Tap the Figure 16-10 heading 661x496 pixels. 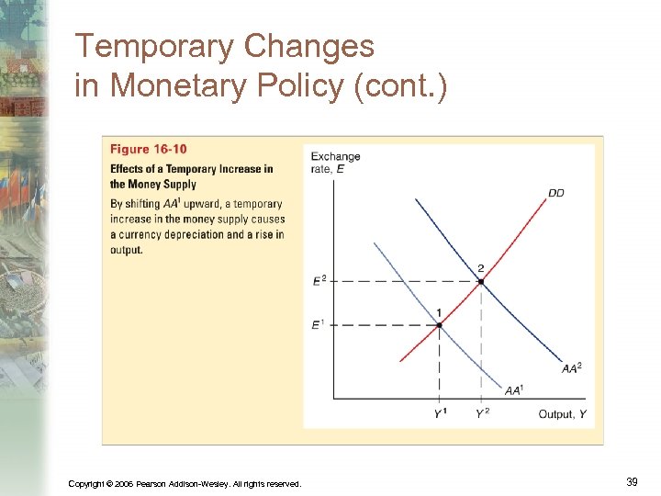[x=149, y=150]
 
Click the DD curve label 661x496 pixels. [x=556, y=193]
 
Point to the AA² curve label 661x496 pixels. [x=571, y=368]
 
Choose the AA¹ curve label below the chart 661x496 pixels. [x=514, y=390]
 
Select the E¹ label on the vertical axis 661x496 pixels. [x=318, y=324]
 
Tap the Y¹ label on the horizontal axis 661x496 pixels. [x=441, y=414]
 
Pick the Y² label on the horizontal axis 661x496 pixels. [x=482, y=414]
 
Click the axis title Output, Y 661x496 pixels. [x=562, y=414]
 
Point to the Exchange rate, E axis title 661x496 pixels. [x=335, y=162]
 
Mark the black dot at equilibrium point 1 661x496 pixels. [x=439, y=325]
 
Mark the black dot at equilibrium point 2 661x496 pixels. [x=480, y=281]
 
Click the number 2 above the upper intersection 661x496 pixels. [x=480, y=268]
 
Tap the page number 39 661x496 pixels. [x=631, y=481]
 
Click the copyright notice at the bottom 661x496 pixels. [x=185, y=483]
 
